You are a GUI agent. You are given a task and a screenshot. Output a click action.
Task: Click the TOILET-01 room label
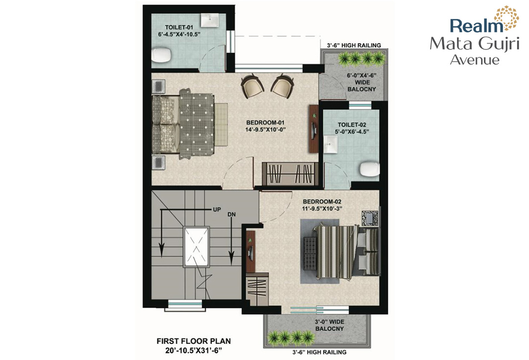coord(179,27)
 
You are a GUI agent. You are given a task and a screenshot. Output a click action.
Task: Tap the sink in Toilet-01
coord(210,20)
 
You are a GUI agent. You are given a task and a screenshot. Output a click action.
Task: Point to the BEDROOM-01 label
coord(265,123)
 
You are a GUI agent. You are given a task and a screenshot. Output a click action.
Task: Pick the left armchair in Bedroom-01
coord(252,86)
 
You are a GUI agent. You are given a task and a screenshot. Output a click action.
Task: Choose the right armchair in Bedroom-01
coord(283,86)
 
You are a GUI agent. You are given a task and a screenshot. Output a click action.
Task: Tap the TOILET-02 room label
coord(352,125)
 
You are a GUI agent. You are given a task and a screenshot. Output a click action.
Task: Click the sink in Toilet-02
coord(330,144)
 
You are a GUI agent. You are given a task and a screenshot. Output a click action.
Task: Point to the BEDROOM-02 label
coord(322,202)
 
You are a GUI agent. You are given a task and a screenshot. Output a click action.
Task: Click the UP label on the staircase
coord(217,210)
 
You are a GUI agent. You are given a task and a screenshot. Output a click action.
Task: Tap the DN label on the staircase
coord(231,215)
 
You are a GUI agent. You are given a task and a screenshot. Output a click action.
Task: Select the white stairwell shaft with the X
coord(196,247)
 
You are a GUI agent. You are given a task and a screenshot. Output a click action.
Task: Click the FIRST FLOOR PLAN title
coord(193,341)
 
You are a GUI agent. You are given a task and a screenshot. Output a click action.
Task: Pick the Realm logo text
coord(477,26)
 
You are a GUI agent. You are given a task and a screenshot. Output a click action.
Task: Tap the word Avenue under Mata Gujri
coord(475,60)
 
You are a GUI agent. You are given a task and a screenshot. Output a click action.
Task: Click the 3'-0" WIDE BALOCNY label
coord(329,325)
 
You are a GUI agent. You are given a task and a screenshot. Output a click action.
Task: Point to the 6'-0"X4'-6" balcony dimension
coord(361,75)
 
